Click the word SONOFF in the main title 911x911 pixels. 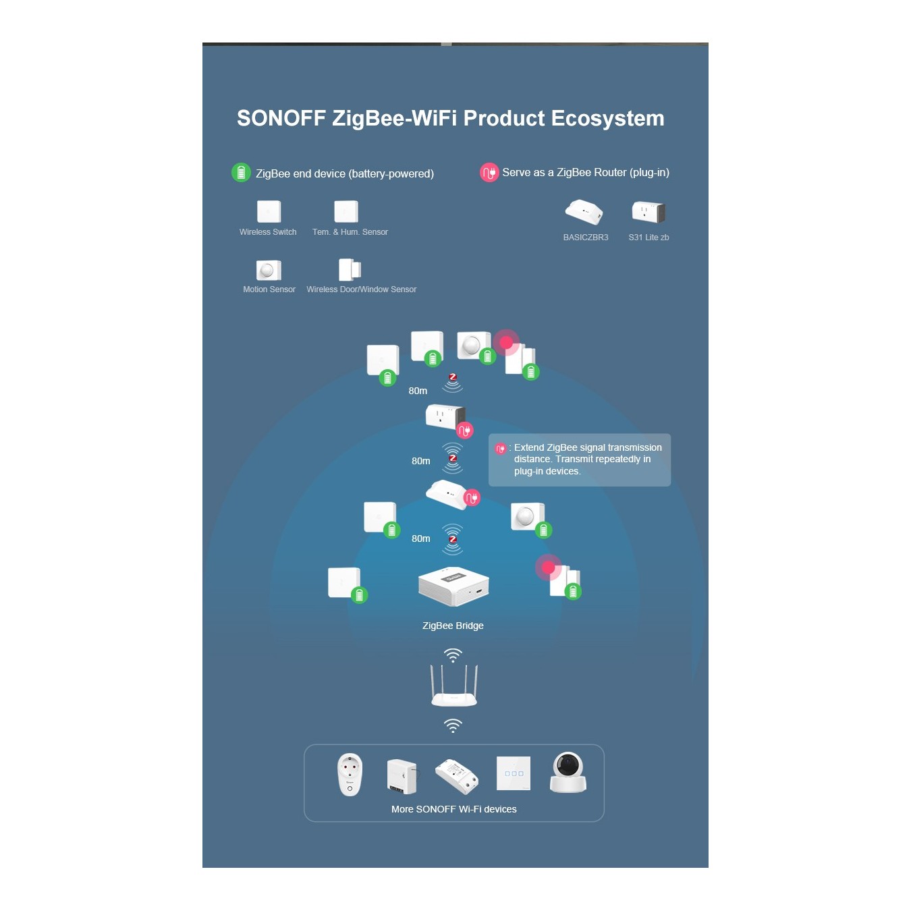pyautogui.click(x=281, y=118)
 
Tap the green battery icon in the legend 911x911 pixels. pyautogui.click(x=241, y=173)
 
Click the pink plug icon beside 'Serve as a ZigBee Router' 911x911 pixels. pyautogui.click(x=489, y=173)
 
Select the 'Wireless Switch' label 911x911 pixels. pyautogui.click(x=268, y=232)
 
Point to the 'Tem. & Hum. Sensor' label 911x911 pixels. pyautogui.click(x=350, y=232)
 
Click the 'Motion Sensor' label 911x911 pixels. pyautogui.click(x=269, y=289)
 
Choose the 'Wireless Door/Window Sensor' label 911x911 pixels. pyautogui.click(x=361, y=289)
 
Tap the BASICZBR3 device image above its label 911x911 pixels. pyautogui.click(x=584, y=211)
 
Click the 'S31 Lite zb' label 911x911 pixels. pyautogui.click(x=648, y=238)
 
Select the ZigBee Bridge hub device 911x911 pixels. pyautogui.click(x=453, y=586)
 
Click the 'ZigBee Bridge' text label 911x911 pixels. pyautogui.click(x=452, y=626)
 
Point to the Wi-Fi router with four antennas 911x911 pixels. pyautogui.click(x=453, y=685)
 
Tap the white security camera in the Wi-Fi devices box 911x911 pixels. pyautogui.click(x=568, y=772)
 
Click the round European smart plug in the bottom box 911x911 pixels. pyautogui.click(x=350, y=775)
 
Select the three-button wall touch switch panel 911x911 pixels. pyautogui.click(x=513, y=773)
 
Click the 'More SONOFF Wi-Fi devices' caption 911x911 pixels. pyautogui.click(x=453, y=809)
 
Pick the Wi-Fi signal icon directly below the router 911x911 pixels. pyautogui.click(x=453, y=725)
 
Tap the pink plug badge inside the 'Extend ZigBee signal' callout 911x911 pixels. pyautogui.click(x=500, y=448)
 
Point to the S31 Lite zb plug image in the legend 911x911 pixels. pyautogui.click(x=648, y=211)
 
